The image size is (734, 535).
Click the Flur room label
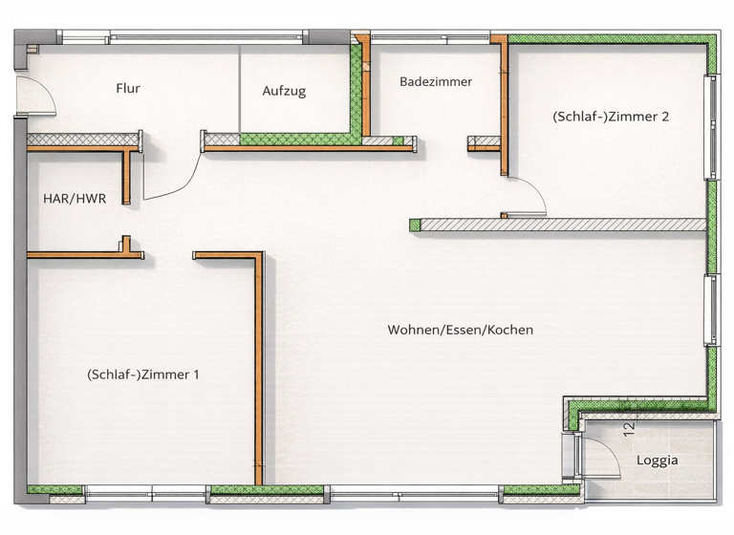click(x=128, y=89)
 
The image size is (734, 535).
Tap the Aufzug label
click(x=284, y=92)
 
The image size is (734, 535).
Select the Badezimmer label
click(x=436, y=82)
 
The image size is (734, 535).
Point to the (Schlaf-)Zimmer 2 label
click(x=610, y=118)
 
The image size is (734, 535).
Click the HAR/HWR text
click(x=74, y=199)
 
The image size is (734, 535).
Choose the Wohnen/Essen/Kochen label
click(x=460, y=331)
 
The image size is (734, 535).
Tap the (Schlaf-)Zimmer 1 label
click(x=142, y=375)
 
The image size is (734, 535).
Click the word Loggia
click(x=657, y=460)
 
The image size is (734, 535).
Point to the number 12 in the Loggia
click(x=628, y=429)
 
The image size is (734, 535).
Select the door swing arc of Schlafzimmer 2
click(x=531, y=196)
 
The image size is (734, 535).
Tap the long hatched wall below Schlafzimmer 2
click(x=564, y=225)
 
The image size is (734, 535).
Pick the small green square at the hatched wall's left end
click(x=414, y=225)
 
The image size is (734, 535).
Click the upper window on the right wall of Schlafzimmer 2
click(x=709, y=127)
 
